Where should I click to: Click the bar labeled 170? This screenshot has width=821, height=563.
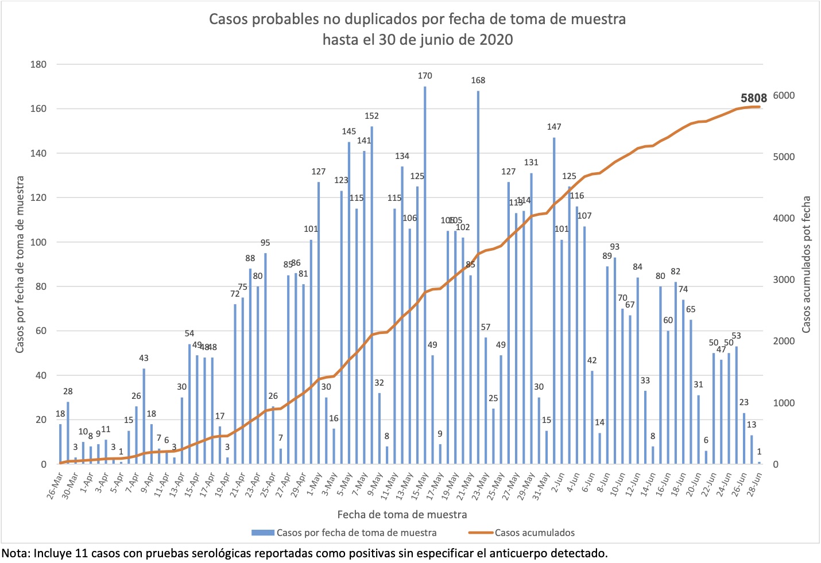(x=425, y=275)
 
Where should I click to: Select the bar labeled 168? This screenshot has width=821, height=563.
(x=478, y=278)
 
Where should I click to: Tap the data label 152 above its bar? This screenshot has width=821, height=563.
(x=371, y=116)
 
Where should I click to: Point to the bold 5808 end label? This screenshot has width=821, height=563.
(x=753, y=98)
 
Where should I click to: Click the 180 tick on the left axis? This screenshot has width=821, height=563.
(x=38, y=64)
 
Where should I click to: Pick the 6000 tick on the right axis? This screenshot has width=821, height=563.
(x=783, y=96)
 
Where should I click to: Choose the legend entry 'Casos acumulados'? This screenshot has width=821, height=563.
(x=534, y=533)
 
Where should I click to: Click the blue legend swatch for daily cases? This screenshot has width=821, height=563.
(x=262, y=533)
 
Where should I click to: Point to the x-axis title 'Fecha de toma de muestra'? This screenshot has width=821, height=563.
(x=402, y=514)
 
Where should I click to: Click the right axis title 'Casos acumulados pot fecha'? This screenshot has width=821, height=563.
(x=806, y=265)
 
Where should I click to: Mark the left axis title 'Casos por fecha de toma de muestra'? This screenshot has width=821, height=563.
(x=20, y=265)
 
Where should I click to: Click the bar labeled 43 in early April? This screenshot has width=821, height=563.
(x=144, y=416)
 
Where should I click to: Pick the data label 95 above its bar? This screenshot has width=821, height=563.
(x=265, y=243)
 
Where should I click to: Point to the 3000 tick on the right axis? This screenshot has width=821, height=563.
(x=783, y=280)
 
